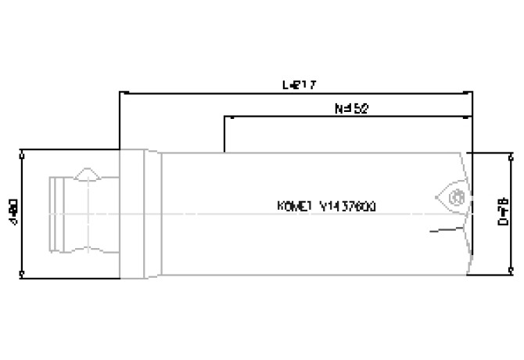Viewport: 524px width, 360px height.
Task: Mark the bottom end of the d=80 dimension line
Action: click(21, 273)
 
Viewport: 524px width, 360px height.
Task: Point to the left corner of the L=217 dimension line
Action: click(119, 92)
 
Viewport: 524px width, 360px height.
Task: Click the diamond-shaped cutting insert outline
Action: click(453, 196)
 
